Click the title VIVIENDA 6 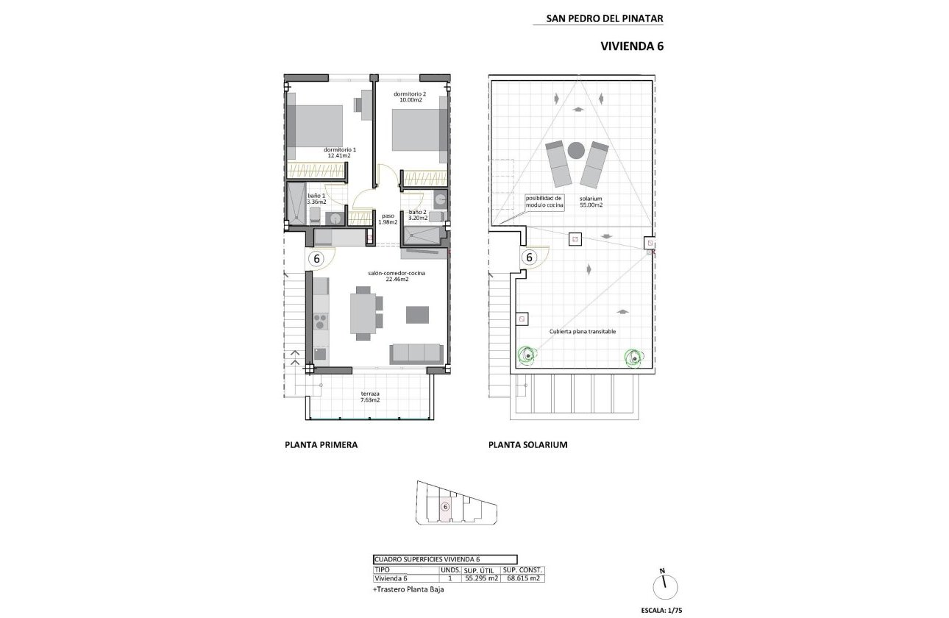pyautogui.click(x=632, y=46)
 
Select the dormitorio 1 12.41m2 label pyautogui.click(x=336, y=152)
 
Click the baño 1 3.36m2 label pyautogui.click(x=298, y=198)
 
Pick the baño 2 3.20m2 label pyautogui.click(x=417, y=215)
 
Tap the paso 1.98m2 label pyautogui.click(x=388, y=219)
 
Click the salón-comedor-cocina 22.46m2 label pyautogui.click(x=397, y=276)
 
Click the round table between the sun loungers pyautogui.click(x=576, y=149)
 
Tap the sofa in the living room pyautogui.click(x=416, y=352)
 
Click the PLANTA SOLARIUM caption pyautogui.click(x=527, y=445)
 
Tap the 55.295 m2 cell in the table pyautogui.click(x=482, y=578)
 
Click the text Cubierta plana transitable pyautogui.click(x=583, y=332)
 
